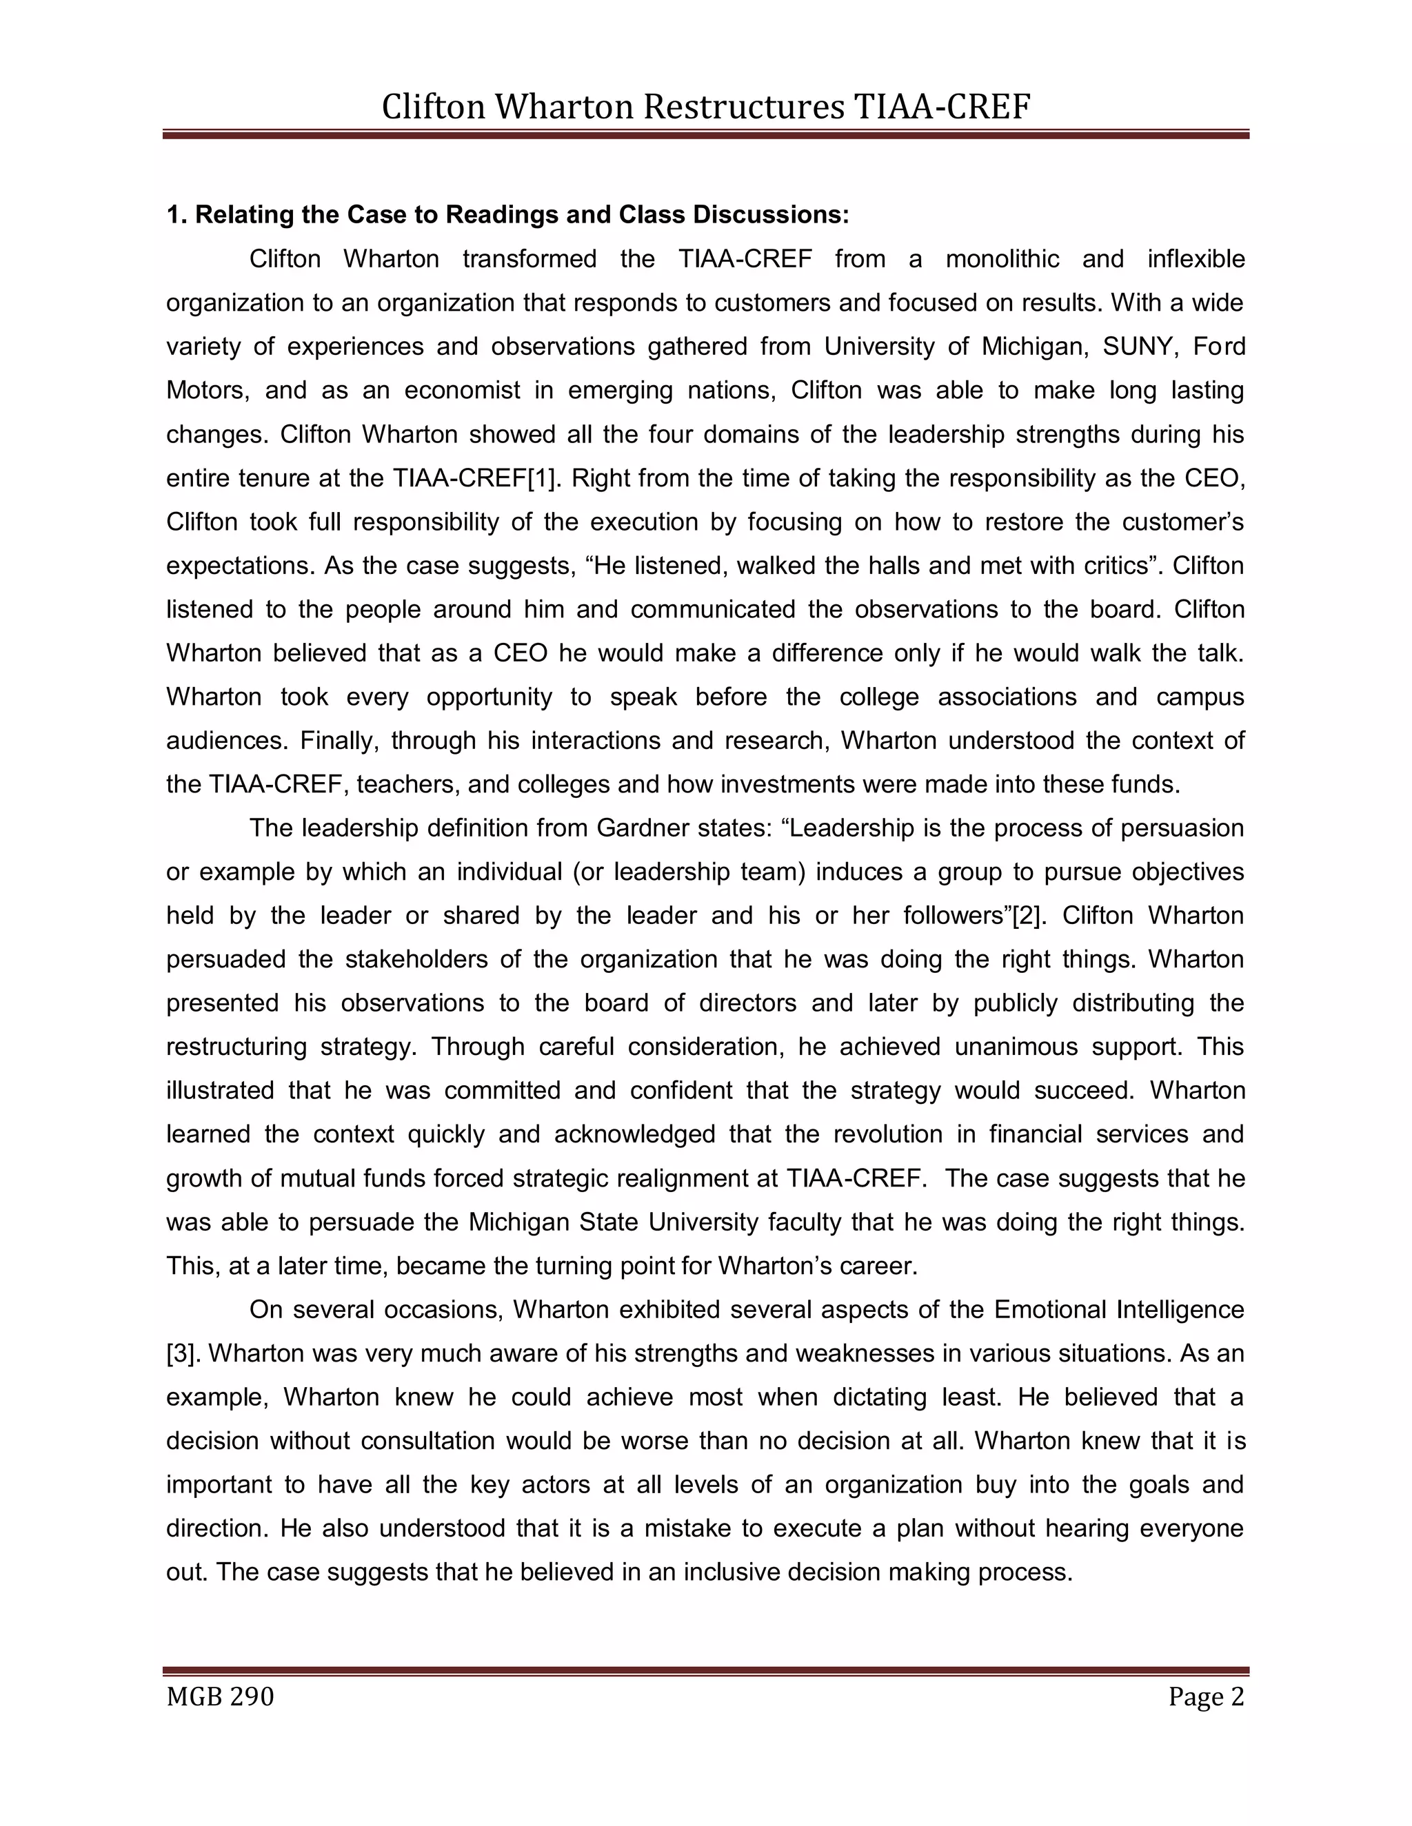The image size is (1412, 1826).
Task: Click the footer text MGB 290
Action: (220, 1696)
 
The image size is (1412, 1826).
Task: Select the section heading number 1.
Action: (174, 215)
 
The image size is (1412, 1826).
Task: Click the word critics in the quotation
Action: (1118, 566)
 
